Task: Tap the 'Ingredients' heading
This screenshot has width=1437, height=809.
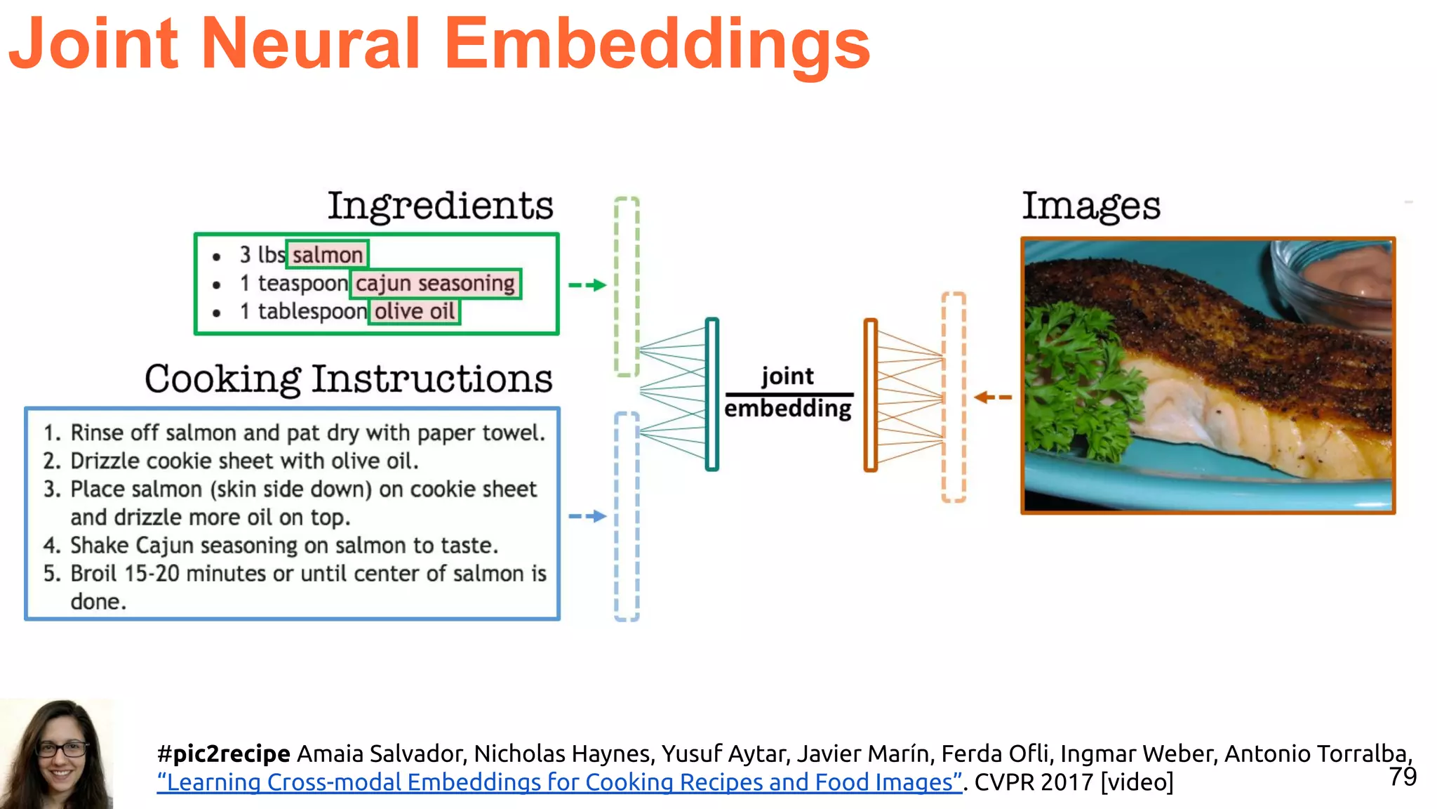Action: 441,206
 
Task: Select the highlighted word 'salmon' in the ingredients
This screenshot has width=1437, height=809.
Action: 327,254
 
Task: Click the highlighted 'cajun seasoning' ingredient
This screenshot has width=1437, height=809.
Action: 435,283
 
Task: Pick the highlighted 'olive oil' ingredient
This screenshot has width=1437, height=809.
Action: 415,311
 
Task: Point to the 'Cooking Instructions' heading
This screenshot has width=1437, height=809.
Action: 349,379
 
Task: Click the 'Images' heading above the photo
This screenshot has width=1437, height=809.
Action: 1091,206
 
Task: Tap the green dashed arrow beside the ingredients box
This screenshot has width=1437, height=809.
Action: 587,285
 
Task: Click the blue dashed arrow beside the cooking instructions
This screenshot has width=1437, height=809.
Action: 587,516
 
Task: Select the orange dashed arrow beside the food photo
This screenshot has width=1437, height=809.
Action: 993,397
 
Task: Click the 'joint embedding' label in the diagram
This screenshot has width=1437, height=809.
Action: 788,393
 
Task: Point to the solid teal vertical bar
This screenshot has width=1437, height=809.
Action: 712,394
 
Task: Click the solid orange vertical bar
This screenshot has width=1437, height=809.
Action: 871,395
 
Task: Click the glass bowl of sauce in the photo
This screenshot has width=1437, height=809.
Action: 1333,281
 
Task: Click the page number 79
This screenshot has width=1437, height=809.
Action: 1403,777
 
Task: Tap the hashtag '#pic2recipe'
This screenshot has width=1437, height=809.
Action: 224,754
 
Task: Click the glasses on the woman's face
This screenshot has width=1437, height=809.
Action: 62,749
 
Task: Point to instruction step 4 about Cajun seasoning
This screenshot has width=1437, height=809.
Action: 283,545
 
